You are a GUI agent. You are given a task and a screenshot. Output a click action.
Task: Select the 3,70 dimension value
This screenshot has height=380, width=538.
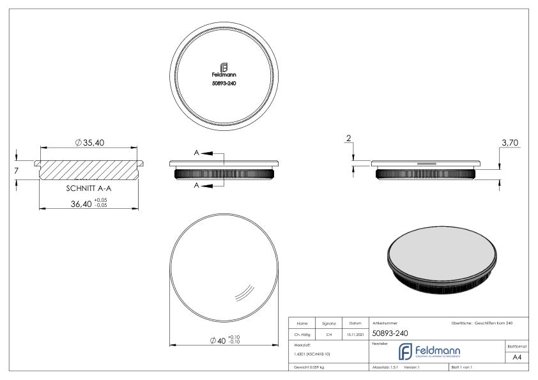(x=510, y=144)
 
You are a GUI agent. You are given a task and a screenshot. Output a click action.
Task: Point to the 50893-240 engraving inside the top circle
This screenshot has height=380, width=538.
(x=224, y=84)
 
